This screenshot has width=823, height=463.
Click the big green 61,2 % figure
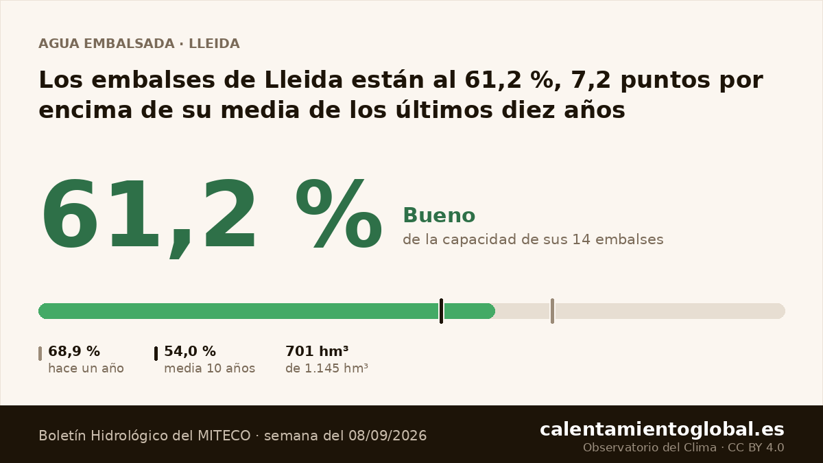coord(212,217)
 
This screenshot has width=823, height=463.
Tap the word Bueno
coord(439,215)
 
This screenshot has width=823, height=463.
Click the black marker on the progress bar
coord(441,311)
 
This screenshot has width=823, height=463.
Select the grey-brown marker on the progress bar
coord(552,311)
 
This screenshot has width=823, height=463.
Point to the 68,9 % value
coord(74,351)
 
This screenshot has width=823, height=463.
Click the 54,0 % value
coord(190,351)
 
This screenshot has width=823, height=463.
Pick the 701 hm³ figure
coord(317,351)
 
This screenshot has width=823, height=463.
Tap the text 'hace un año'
coord(86,368)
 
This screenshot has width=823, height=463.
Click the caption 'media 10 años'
coord(209,368)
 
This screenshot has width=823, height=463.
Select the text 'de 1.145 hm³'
coord(326,368)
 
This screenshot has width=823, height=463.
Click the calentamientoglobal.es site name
coord(662,429)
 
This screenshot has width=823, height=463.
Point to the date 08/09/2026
coord(387,436)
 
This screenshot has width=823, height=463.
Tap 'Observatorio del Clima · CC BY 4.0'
coord(683,447)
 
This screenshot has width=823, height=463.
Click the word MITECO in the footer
coord(224,436)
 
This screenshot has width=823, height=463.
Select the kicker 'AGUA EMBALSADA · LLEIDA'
coord(139,44)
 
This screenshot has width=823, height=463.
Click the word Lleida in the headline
coord(303,80)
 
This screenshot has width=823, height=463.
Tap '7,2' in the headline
coord(591,80)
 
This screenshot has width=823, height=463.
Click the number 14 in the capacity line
coord(582,239)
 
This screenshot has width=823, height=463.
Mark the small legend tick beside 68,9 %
coord(40,353)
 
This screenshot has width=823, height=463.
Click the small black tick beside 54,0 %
coord(156,353)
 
